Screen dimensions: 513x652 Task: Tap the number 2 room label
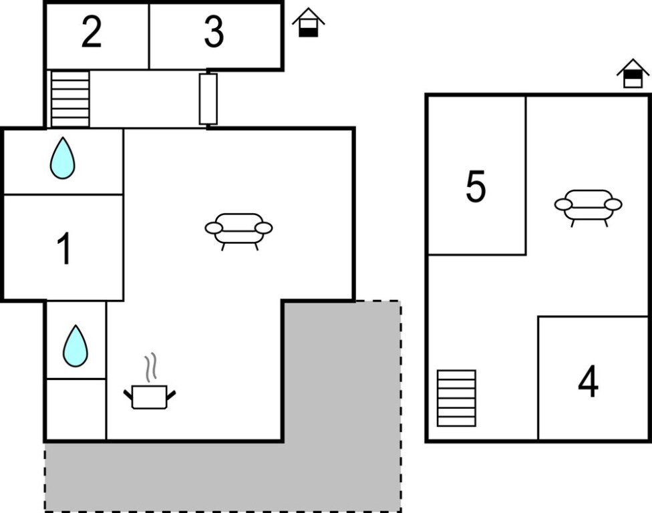pos(92,33)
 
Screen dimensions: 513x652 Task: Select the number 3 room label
pos(214,33)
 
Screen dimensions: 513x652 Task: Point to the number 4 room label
pos(588,382)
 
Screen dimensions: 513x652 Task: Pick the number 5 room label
pos(476,187)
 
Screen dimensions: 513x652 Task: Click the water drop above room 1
pos(62,158)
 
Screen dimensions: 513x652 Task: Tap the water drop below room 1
pos(75,346)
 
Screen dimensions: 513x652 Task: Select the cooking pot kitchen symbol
pos(150,395)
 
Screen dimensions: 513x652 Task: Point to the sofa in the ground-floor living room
pos(238,229)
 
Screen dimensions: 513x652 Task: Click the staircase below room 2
pos(70,99)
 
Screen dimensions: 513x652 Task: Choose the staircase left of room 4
pos(456,398)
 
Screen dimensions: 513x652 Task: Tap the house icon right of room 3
pos(308,23)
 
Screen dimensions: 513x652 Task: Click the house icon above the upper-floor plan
pos(633,73)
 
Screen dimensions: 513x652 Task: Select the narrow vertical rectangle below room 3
pos(208,99)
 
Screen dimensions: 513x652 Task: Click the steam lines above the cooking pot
pos(152,367)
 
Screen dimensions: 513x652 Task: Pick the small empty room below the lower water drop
pos(75,409)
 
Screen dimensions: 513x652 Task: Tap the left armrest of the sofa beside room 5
pos(563,204)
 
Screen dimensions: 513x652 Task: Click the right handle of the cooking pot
pos(171,395)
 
